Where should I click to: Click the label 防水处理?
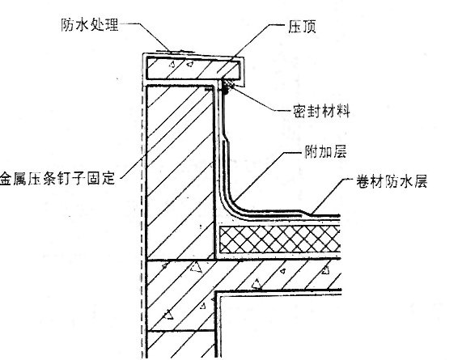tap(90, 25)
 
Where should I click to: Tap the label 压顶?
tap(303, 27)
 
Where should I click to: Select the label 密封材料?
tap(321, 112)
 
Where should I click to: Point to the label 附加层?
tap(325, 152)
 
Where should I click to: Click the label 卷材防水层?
tap(392, 181)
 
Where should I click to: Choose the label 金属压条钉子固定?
tap(57, 178)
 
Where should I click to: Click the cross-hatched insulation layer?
tap(280, 239)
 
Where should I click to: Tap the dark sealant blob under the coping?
tap(227, 87)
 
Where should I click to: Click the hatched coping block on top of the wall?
tap(193, 69)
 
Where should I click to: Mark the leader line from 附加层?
tap(267, 176)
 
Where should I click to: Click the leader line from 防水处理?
tap(146, 36)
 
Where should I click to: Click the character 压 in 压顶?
tap(295, 27)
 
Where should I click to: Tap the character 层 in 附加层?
tap(340, 152)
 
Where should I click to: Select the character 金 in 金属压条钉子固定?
tap(6, 178)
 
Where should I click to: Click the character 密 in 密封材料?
tap(300, 112)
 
